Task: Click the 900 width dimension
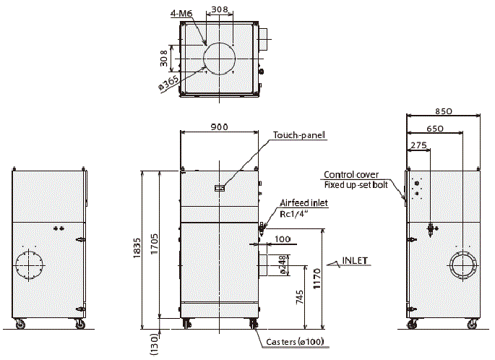[219, 127]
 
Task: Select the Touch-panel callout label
[299, 134]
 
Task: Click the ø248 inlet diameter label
[283, 265]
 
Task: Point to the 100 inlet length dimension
[283, 239]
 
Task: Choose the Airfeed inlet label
[304, 203]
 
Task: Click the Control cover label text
[351, 175]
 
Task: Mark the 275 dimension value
[418, 145]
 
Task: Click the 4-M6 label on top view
[181, 12]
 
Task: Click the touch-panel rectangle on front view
[220, 188]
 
